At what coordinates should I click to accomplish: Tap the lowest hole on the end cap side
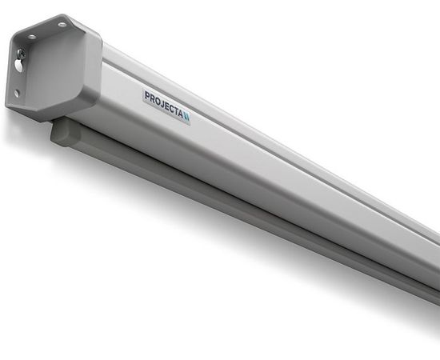tap(17, 93)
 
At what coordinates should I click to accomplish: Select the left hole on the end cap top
tap(31, 36)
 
